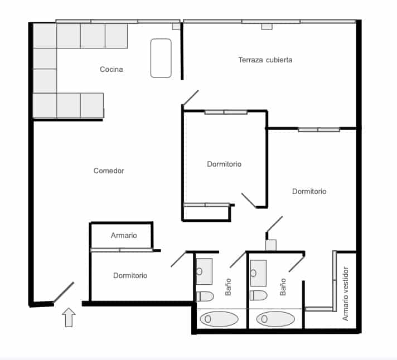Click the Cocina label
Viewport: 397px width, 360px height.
[111, 70]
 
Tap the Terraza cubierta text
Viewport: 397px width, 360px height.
[265, 60]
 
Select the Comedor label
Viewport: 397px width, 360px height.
[109, 171]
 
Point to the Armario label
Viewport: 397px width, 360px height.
[124, 236]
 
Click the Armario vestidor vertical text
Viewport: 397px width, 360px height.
[346, 293]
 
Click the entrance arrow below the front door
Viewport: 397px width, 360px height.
[69, 317]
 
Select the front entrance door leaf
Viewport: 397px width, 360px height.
[64, 292]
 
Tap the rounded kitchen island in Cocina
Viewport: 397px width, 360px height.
[161, 58]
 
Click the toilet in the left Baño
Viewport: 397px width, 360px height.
[205, 295]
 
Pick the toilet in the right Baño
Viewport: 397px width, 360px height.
[258, 295]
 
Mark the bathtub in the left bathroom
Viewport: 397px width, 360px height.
[219, 319]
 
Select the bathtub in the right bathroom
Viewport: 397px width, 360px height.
[275, 319]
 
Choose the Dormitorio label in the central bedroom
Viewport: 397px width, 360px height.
[224, 164]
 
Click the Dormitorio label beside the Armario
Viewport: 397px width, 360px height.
[130, 275]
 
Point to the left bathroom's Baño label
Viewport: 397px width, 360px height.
[228, 287]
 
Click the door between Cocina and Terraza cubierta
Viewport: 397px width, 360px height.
[190, 98]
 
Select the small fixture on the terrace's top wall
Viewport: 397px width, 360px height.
[267, 26]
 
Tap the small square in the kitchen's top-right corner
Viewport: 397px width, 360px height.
[176, 26]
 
